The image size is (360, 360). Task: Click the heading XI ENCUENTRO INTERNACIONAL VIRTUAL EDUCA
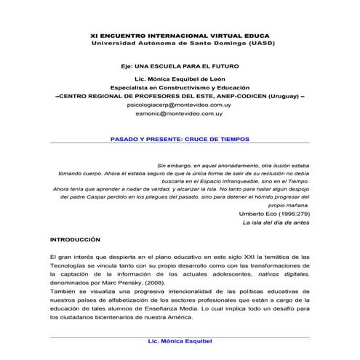coord(179,33)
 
